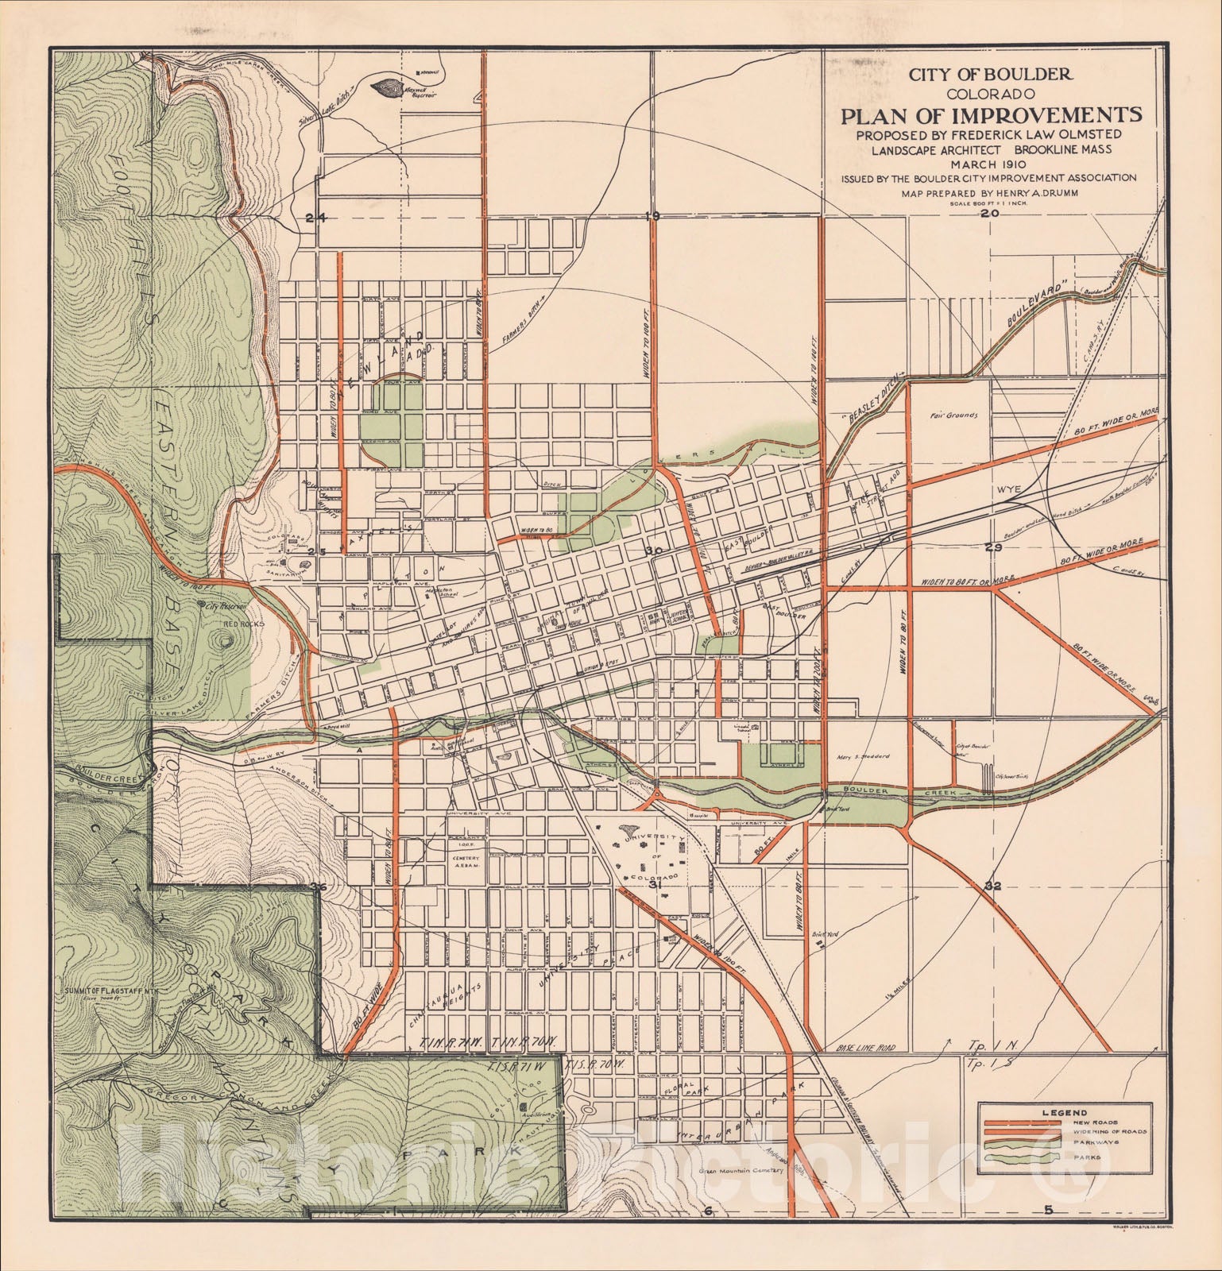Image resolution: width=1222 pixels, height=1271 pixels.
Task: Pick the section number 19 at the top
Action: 653,216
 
